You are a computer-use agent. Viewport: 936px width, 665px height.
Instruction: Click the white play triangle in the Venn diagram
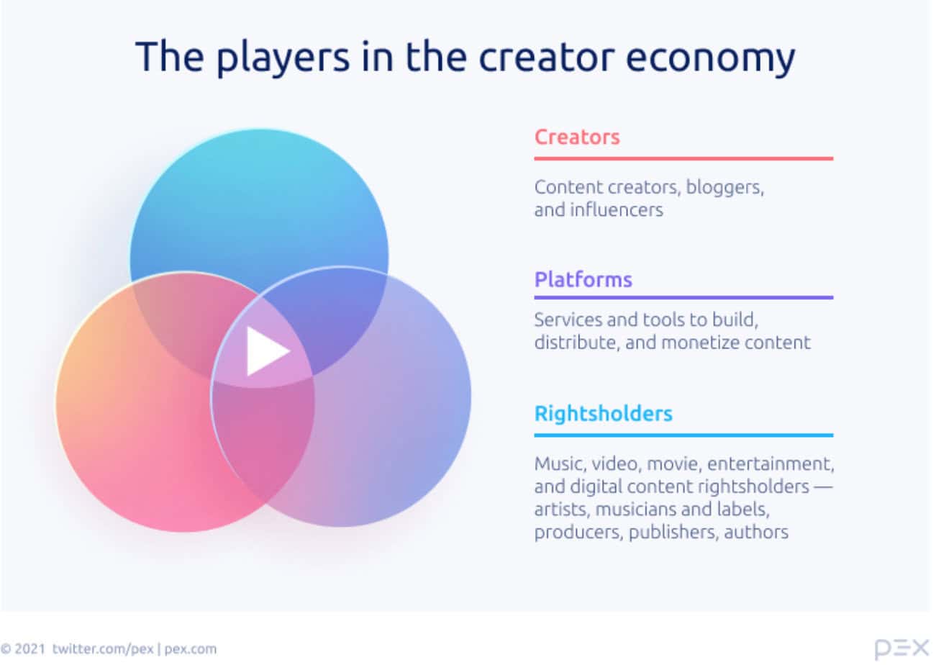267,351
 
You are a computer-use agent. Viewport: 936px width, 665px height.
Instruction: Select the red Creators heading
577,137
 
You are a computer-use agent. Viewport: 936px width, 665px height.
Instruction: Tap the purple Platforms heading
583,280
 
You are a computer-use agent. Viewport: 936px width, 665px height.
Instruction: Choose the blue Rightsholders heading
604,414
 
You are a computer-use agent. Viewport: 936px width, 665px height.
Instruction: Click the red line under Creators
683,159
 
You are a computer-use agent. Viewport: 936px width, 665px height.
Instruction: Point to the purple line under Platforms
683,298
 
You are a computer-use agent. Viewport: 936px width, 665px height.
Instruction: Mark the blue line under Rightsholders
683,435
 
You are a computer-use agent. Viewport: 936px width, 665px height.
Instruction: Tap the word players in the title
283,58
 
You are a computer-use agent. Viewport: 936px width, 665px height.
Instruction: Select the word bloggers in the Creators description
725,188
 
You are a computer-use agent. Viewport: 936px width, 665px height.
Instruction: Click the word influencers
617,210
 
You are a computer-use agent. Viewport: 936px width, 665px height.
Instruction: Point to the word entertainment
771,464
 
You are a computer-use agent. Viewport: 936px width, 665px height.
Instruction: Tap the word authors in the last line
756,533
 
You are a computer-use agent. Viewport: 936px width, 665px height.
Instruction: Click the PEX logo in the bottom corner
901,649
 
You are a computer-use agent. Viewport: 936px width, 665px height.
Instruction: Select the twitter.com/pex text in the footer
103,649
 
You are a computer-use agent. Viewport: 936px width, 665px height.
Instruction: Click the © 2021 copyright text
22,649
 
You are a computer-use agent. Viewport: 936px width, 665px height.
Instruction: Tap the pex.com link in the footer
190,650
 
